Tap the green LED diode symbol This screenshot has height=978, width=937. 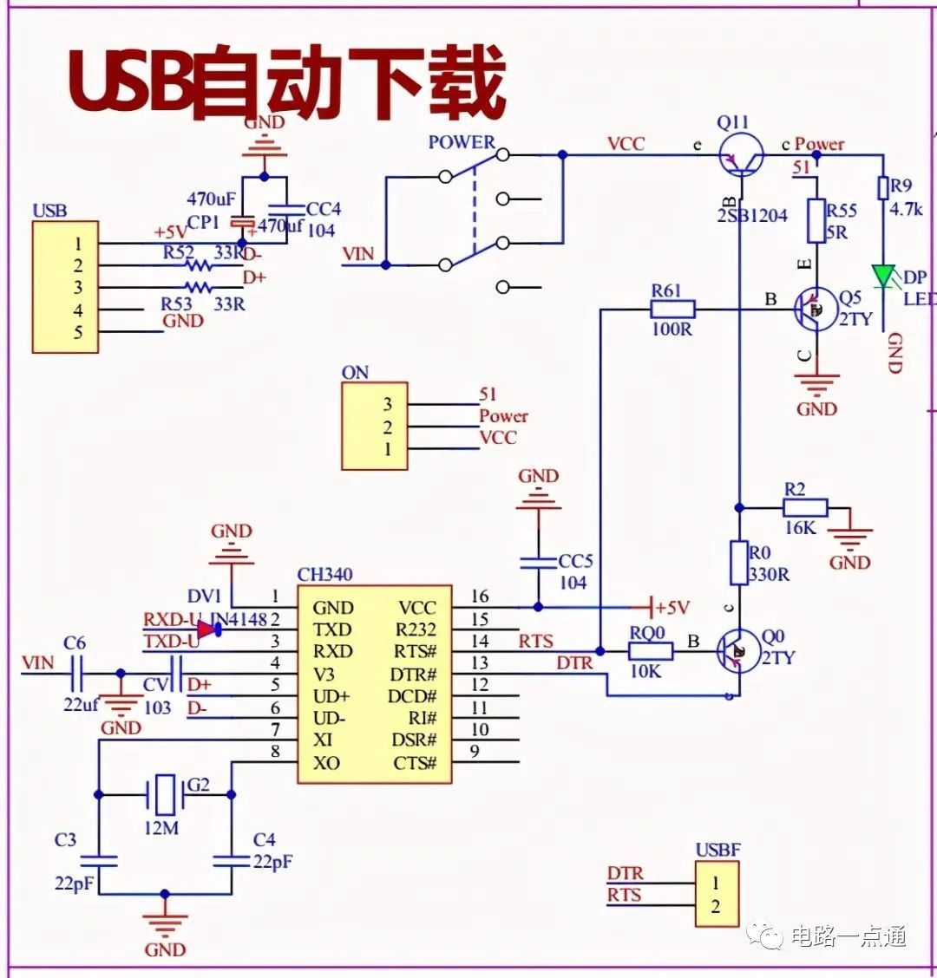coord(884,277)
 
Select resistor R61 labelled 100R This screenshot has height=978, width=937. coord(672,310)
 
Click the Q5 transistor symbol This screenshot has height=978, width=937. coord(816,310)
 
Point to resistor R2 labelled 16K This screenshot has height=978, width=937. coord(806,507)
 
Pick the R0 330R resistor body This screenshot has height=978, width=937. coord(738,562)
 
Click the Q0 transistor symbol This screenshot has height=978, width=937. coord(738,650)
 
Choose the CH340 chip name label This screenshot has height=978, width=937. coord(324,575)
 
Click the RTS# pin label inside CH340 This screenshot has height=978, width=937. coord(416,652)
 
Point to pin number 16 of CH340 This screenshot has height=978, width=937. coord(480,597)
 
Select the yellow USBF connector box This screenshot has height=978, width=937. coord(717,895)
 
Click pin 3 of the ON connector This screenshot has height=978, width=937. coord(387,404)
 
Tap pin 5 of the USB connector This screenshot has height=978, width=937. coord(78,332)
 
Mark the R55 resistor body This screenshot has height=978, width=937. coord(816,220)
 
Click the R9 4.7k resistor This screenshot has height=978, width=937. coord(883,188)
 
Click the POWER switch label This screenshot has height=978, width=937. coord(462,142)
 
